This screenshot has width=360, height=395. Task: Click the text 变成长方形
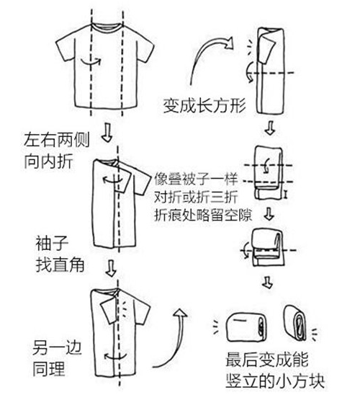pos(204,106)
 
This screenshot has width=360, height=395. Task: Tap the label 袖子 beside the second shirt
pos(52,244)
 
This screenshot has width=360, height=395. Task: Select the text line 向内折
pos(48,161)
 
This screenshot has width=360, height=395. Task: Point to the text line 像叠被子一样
pos(196,179)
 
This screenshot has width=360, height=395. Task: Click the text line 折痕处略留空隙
pos(203,215)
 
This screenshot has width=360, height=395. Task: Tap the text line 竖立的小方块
pos(275,381)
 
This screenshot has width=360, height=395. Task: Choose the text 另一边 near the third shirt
pos(57,347)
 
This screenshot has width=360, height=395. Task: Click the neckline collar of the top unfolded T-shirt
pos(107,27)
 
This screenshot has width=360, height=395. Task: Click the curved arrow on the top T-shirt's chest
pos(91,62)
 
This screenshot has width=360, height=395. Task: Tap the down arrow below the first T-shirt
pos(107,133)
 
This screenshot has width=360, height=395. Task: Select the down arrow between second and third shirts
pos(111,269)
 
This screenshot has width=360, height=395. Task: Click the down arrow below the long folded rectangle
pos(270,128)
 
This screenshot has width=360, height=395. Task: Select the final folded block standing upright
pos(295,323)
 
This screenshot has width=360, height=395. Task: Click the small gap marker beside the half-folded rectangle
pos(286,194)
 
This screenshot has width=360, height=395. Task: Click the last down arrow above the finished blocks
pos(267,283)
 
